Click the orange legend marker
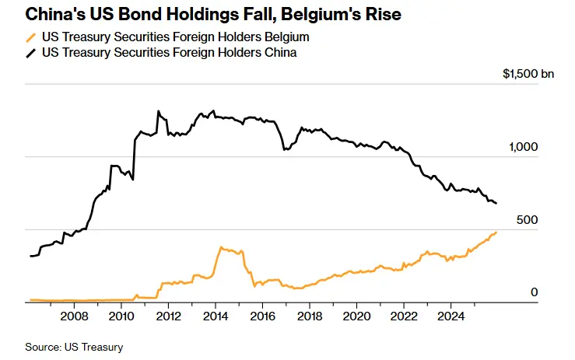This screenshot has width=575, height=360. [31, 37]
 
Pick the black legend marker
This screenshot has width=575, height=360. [31, 52]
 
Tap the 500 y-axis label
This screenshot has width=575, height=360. [528, 220]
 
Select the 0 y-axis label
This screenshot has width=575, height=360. [534, 292]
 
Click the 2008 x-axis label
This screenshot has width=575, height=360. [73, 316]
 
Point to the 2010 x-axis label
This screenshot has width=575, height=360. [121, 316]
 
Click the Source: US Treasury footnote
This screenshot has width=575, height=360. [75, 347]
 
